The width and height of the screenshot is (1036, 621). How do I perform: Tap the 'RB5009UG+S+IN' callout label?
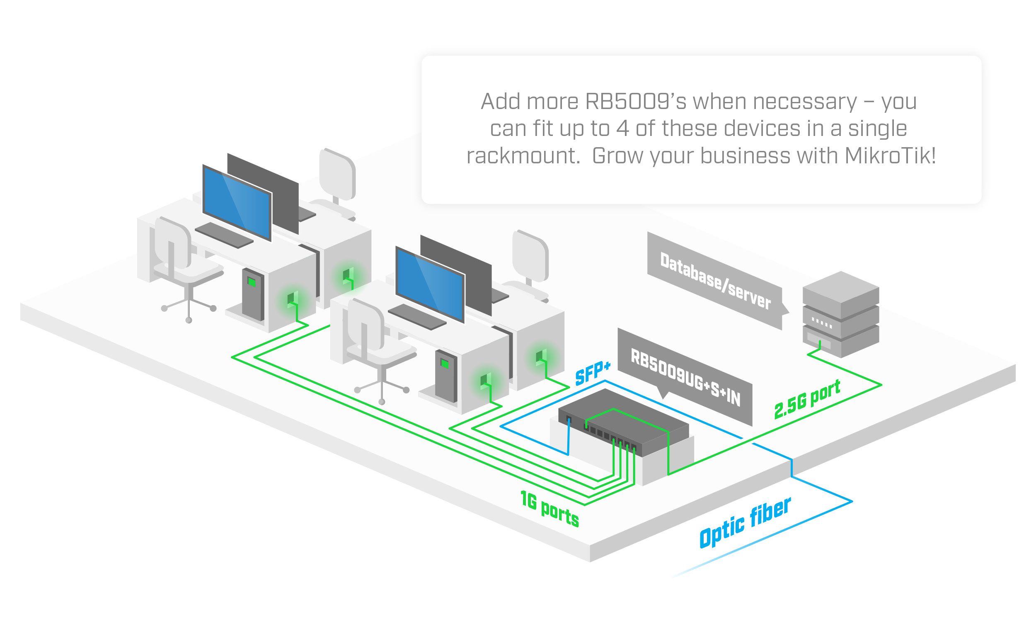click(x=685, y=377)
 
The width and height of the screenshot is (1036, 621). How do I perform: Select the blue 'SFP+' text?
click(x=592, y=372)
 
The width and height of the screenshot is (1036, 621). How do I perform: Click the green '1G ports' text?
click(x=549, y=508)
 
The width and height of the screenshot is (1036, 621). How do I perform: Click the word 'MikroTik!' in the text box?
click(x=890, y=156)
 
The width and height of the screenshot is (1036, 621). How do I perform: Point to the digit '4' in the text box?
click(x=622, y=129)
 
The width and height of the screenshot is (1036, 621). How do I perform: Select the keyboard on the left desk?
click(x=224, y=235)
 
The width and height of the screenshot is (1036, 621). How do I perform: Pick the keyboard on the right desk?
click(x=417, y=316)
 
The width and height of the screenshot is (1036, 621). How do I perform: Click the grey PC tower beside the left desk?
click(x=253, y=294)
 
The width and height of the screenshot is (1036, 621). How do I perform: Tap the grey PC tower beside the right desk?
click(x=446, y=376)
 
